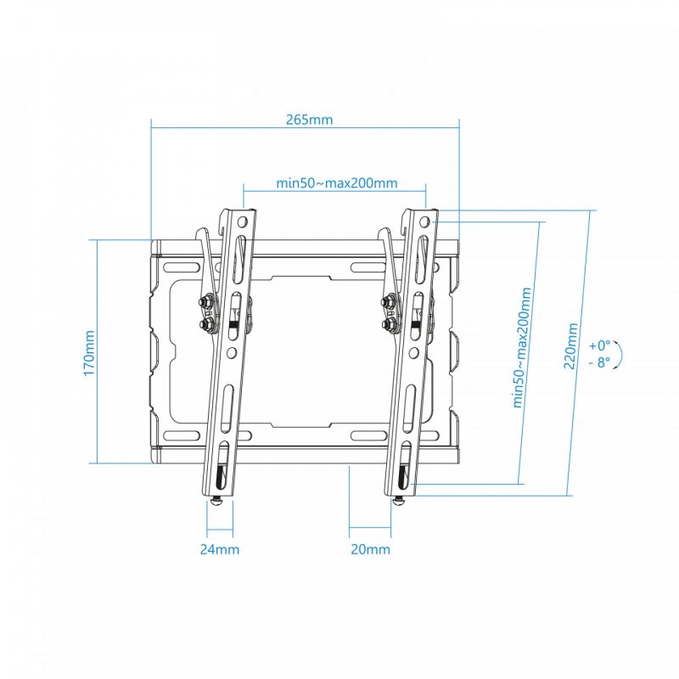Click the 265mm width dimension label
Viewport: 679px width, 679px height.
point(309,119)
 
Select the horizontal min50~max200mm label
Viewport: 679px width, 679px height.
point(337,182)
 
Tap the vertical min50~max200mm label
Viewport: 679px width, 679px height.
point(524,347)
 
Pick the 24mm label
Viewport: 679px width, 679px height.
point(219,549)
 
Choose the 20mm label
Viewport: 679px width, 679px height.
point(370,549)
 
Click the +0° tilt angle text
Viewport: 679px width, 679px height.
point(599,345)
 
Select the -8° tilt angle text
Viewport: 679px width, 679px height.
point(599,362)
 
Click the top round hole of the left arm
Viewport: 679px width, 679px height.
point(244,222)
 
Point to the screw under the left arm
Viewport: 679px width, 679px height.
point(217,502)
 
